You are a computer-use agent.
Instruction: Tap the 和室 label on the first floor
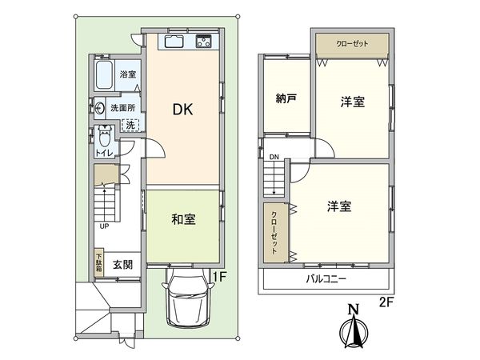pos(183,218)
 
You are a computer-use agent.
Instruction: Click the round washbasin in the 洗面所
pos(99,106)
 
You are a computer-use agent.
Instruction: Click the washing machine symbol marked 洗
pos(131,125)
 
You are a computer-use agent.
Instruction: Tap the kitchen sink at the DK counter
pos(174,41)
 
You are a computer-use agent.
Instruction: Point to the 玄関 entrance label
pos(122,265)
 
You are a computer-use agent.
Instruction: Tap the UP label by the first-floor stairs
pos(104,226)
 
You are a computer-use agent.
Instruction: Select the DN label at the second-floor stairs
pos(274,157)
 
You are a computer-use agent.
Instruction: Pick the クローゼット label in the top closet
pos(351,44)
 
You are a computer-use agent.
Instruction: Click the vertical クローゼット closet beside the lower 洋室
pos(274,230)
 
